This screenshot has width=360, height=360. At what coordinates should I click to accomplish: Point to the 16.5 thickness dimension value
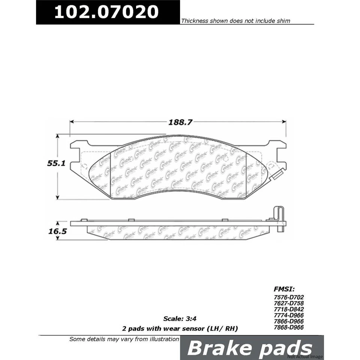[57, 231]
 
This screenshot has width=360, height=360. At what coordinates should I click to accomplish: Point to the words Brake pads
[249, 348]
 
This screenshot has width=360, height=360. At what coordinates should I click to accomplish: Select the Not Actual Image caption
[305, 356]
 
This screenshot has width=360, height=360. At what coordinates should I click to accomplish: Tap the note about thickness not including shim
[235, 21]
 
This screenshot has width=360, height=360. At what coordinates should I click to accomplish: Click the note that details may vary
[124, 339]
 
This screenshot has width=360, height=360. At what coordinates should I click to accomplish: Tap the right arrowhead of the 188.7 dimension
[283, 122]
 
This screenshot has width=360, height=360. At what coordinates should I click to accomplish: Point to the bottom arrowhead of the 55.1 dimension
[57, 197]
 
